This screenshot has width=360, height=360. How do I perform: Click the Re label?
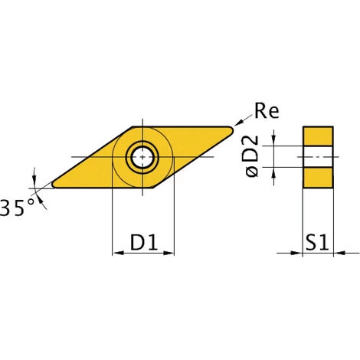click(267, 111)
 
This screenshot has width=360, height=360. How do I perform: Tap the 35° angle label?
click(17, 208)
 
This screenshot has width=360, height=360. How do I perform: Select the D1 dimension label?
click(144, 242)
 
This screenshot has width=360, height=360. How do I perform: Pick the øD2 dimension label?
click(251, 156)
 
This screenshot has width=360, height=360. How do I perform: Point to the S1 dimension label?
click(317, 242)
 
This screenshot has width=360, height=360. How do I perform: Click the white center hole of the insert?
click(142, 157)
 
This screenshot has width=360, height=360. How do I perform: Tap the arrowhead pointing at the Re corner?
click(239, 123)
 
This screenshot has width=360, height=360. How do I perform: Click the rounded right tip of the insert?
click(231, 130)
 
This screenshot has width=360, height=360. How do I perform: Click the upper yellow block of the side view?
click(318, 136)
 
